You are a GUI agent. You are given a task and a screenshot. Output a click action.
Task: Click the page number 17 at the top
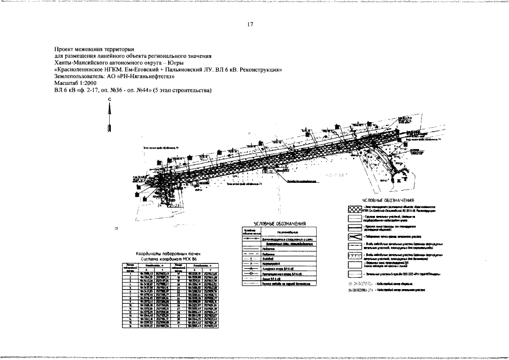pos(250,24)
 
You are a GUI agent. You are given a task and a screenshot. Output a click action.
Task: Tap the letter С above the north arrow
pos(110,99)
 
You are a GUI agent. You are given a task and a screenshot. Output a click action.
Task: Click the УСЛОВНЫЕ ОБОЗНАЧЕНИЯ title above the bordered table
pos(276,224)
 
